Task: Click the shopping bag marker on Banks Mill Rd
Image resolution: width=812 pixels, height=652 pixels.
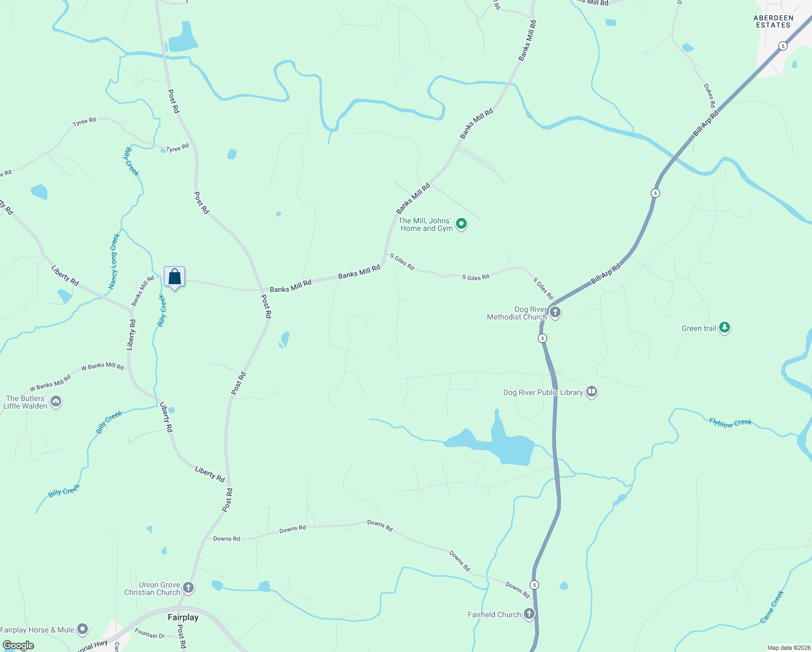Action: [x=174, y=277]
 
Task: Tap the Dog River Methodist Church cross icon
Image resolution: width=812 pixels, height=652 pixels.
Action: [x=555, y=312]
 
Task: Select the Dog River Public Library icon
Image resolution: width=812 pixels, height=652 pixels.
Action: [x=592, y=392]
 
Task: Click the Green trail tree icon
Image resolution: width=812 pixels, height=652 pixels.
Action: [x=724, y=328]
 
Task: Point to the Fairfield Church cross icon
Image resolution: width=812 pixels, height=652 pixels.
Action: [x=529, y=614]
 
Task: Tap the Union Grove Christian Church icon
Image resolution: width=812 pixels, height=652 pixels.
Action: [x=188, y=587]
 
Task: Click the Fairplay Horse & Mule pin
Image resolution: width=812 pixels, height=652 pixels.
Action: [x=82, y=629]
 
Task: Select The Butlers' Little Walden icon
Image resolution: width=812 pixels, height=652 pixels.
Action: [x=56, y=402]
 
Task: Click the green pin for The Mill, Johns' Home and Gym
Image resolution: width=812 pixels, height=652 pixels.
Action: [x=461, y=223]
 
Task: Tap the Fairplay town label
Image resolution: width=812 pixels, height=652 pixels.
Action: [x=183, y=617]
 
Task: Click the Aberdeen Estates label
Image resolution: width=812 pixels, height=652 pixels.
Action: [x=773, y=22]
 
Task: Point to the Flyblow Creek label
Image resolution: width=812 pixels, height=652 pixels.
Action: [x=731, y=422]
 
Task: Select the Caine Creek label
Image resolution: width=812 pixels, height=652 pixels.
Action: [x=772, y=606]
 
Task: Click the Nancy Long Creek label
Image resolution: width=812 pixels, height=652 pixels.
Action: [x=113, y=261]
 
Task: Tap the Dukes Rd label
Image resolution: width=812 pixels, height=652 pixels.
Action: [x=709, y=95]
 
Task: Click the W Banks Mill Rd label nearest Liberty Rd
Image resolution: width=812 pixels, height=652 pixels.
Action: [x=103, y=366]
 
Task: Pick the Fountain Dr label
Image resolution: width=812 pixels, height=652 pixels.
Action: [x=150, y=633]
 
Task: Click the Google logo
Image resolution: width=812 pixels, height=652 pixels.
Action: [x=18, y=645]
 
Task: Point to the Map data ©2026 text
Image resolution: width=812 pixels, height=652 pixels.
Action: [x=788, y=648]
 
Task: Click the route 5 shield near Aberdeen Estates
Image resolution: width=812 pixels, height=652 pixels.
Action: [x=782, y=46]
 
